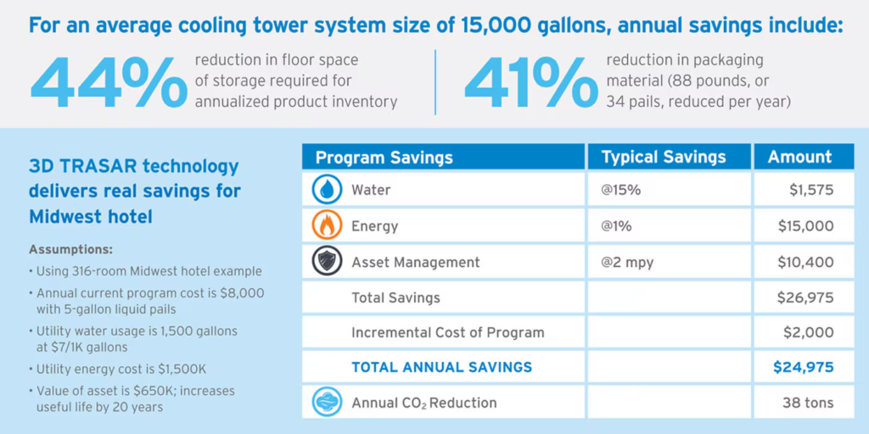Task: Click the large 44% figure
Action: tap(109, 81)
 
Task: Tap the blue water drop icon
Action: tap(327, 190)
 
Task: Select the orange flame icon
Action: tap(327, 226)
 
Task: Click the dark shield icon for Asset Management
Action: tap(327, 262)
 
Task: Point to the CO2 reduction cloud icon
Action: tap(327, 403)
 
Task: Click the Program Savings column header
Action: tap(384, 157)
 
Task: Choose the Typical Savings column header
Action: tap(664, 157)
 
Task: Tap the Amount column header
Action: tap(799, 157)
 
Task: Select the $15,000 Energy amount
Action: tap(805, 226)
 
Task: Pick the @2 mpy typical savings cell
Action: tap(627, 262)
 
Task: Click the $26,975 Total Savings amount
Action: tap(805, 298)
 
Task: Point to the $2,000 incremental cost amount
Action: tap(810, 332)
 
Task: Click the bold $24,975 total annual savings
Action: tap(803, 367)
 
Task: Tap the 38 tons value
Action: tap(807, 403)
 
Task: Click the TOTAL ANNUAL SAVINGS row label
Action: tap(441, 367)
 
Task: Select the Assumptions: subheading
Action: tap(71, 250)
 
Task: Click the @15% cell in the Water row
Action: tap(620, 190)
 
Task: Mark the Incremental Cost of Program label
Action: tap(448, 332)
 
